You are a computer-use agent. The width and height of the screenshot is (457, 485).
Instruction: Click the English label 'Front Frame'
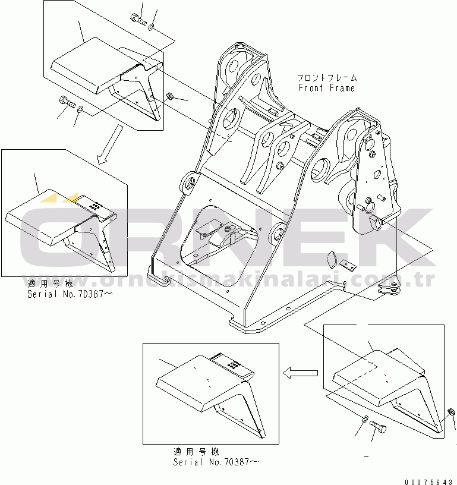[326, 88]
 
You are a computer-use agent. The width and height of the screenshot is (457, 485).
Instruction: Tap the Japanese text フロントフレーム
[327, 78]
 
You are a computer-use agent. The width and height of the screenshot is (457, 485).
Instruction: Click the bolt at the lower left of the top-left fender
[66, 104]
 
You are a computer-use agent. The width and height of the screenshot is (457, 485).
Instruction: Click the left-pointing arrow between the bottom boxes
[301, 373]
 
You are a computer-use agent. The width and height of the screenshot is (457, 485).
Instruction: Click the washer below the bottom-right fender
[364, 420]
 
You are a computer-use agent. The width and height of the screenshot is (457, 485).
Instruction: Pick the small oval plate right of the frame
[332, 260]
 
